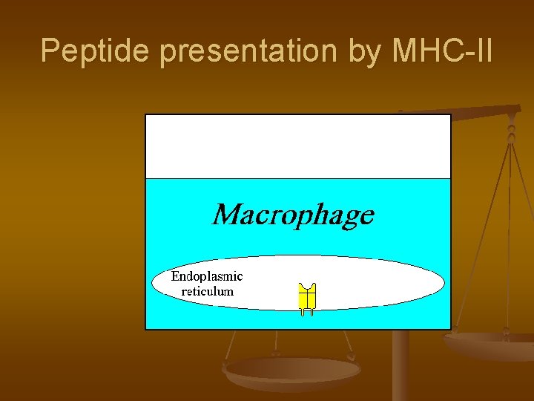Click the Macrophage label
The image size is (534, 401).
(x=293, y=215)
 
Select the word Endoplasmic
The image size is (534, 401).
(x=207, y=276)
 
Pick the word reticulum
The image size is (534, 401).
(x=207, y=291)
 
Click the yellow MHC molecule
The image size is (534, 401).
(x=307, y=296)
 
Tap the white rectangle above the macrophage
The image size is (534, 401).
(x=297, y=146)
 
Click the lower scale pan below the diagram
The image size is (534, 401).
(x=292, y=371)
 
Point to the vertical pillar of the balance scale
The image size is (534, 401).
(x=400, y=368)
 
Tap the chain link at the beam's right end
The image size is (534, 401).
(x=511, y=134)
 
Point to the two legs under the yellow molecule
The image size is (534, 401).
(x=307, y=313)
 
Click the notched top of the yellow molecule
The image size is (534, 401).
(x=307, y=287)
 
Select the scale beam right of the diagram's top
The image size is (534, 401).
(x=482, y=113)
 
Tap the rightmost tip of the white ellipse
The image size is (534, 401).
(x=444, y=283)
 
